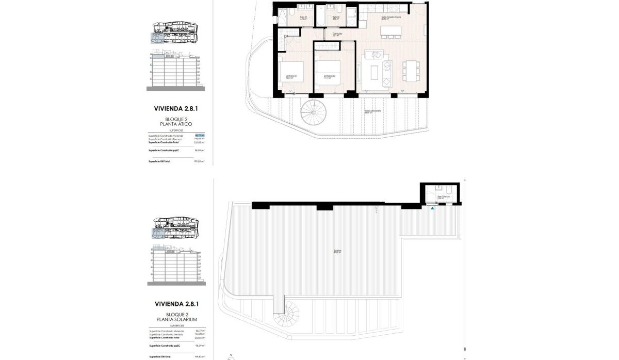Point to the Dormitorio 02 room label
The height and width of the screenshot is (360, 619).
(x=330, y=77)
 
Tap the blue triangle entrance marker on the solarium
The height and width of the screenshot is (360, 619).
(x=432, y=208)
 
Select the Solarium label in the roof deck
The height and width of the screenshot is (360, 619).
(x=337, y=252)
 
